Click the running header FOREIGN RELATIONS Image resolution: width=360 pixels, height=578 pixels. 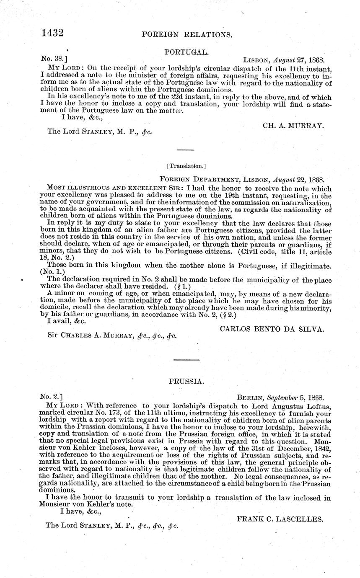[x=187, y=35]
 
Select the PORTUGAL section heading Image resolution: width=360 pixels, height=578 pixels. [x=180, y=53]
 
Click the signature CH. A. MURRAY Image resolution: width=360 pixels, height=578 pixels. [x=293, y=125]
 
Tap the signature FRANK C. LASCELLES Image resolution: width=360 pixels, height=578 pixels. [x=280, y=519]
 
